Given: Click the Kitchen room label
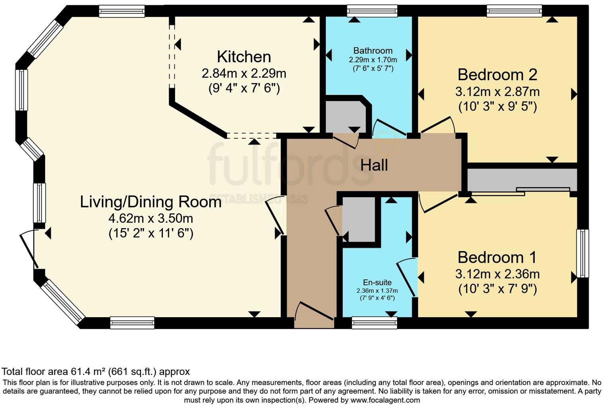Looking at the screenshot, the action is pyautogui.click(x=244, y=57).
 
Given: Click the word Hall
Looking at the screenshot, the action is pyautogui.click(x=374, y=165).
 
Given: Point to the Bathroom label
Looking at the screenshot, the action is pyautogui.click(x=373, y=50).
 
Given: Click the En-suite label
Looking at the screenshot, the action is pyautogui.click(x=377, y=282).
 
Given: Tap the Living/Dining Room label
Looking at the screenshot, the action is pyautogui.click(x=151, y=202).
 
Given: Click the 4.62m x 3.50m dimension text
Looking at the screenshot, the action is pyautogui.click(x=151, y=219).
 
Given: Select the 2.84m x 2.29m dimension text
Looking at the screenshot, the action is pyautogui.click(x=244, y=74).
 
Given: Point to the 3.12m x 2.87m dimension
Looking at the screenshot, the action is pyautogui.click(x=498, y=92).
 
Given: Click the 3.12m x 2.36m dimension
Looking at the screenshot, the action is pyautogui.click(x=498, y=274).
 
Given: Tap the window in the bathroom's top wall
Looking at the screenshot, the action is pyautogui.click(x=372, y=11).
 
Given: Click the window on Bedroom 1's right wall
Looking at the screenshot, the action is pyautogui.click(x=583, y=253).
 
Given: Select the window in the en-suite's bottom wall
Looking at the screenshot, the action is pyautogui.click(x=375, y=323).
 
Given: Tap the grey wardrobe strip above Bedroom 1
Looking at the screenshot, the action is pyautogui.click(x=522, y=180).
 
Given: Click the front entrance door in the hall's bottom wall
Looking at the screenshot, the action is pyautogui.click(x=314, y=315).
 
